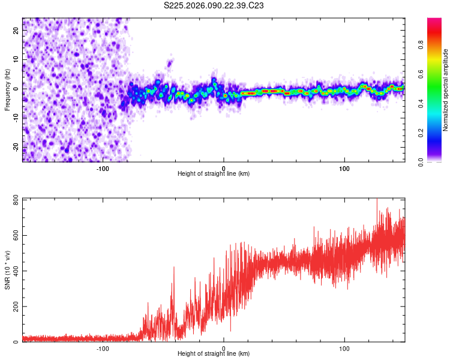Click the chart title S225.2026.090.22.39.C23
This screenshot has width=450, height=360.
[x=214, y=6]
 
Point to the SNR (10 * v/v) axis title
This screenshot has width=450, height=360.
[x=8, y=270]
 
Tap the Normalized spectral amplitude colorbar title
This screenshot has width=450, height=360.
[x=446, y=90]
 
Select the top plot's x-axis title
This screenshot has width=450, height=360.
[x=214, y=173]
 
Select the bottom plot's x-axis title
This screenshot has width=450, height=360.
[x=214, y=353]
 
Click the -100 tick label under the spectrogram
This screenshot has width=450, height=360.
[x=103, y=168]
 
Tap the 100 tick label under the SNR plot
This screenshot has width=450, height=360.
[x=344, y=348]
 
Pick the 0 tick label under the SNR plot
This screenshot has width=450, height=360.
[x=224, y=348]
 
